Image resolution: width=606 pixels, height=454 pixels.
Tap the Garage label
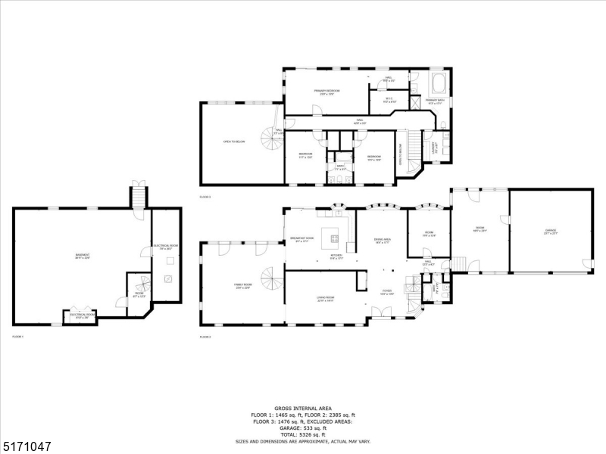click(x=550, y=232)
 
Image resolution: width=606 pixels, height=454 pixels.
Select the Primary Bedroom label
click(x=327, y=92)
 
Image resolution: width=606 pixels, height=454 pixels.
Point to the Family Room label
click(x=242, y=286)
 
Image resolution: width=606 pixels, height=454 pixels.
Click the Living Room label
click(x=326, y=299)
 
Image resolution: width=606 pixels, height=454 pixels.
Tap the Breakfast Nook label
click(x=301, y=239)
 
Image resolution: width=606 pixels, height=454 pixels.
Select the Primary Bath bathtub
click(x=438, y=82)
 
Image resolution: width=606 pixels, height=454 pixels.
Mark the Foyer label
click(x=386, y=291)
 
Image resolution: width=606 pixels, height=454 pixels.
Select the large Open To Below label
click(x=234, y=141)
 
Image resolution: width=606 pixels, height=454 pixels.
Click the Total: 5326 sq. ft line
click(x=302, y=434)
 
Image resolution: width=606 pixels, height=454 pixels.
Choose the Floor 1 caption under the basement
click(x=18, y=336)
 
